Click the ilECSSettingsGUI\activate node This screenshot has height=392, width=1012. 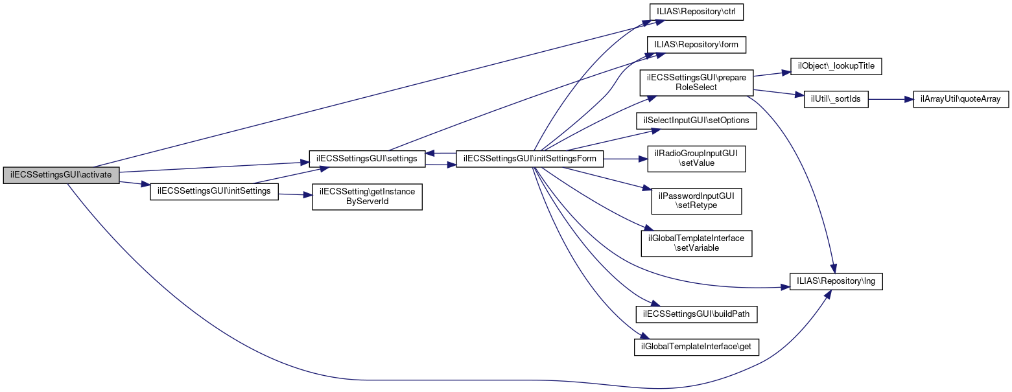click(61, 175)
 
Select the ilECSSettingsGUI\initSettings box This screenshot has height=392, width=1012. click(214, 192)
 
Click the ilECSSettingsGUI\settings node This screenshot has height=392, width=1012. click(367, 158)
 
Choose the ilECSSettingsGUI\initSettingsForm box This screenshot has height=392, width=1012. click(530, 158)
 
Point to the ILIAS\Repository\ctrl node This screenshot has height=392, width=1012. click(696, 12)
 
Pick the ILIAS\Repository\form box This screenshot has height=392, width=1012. click(696, 45)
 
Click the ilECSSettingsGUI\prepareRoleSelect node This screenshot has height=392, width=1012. click(696, 82)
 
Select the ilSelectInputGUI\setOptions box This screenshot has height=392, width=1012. click(696, 121)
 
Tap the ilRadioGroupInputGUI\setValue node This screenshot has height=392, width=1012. click(696, 159)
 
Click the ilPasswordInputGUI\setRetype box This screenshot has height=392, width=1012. click(696, 202)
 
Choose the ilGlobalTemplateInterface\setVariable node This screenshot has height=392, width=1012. click(696, 243)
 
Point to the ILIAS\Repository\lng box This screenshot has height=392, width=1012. click(836, 282)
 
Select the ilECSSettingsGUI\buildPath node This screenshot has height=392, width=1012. click(696, 314)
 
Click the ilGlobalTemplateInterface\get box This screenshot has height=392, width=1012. click(696, 347)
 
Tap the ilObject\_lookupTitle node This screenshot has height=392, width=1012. click(836, 66)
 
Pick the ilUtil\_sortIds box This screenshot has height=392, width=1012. click(836, 99)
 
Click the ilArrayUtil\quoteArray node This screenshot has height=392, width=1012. click(961, 99)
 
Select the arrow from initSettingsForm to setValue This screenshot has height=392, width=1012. click(626, 159)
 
